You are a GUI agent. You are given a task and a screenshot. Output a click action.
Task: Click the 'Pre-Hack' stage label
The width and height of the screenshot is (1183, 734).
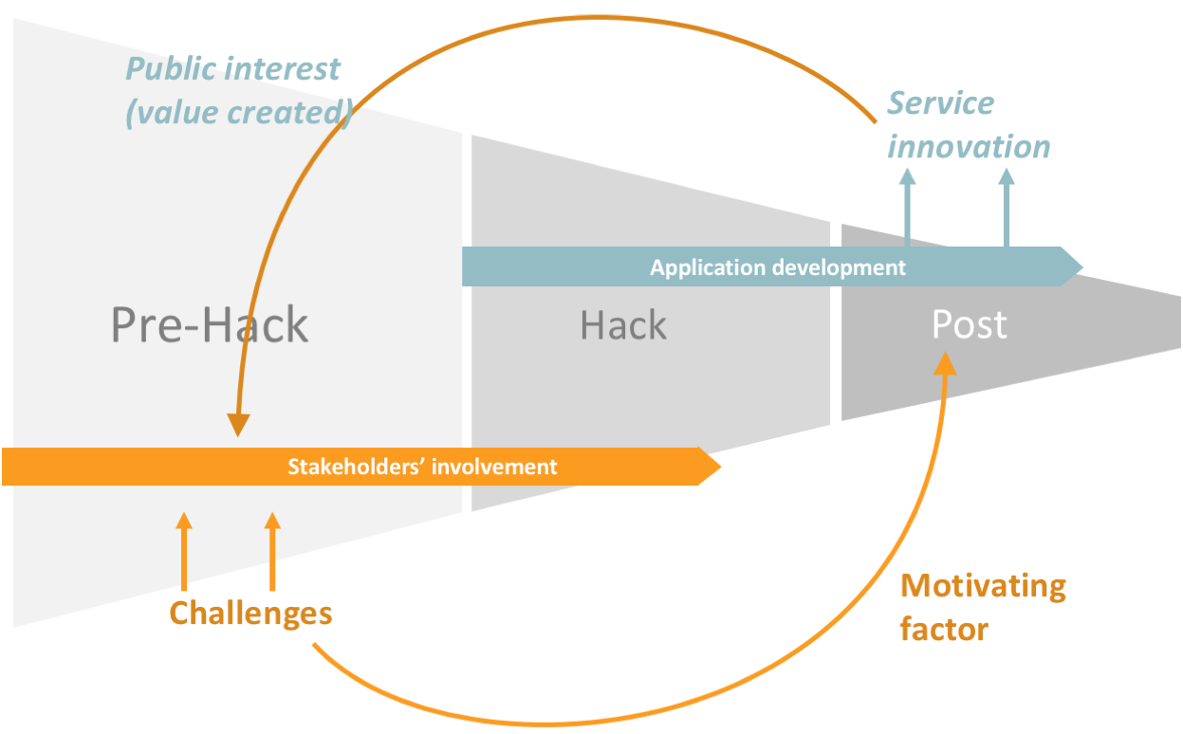click(210, 324)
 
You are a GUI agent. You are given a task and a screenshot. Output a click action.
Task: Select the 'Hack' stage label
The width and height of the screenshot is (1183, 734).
click(623, 324)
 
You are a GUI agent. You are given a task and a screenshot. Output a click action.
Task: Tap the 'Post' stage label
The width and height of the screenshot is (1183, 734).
click(970, 323)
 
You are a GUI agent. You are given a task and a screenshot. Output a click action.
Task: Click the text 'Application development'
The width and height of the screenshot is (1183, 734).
click(777, 267)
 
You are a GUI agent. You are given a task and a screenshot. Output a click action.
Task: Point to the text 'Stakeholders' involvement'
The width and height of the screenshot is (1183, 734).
click(422, 467)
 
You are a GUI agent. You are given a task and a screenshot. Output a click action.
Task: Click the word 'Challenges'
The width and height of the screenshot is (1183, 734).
click(250, 615)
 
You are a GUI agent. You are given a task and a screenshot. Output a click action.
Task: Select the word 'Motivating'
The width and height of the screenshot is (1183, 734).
click(983, 587)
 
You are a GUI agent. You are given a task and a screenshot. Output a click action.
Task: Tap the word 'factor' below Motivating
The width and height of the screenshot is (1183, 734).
click(944, 630)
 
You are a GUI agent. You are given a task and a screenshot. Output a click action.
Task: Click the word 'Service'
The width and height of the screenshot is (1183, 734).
click(940, 102)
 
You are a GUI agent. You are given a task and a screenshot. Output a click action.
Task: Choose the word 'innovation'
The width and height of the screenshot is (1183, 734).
click(969, 146)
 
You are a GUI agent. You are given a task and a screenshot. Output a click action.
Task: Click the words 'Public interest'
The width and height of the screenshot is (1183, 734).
click(233, 68)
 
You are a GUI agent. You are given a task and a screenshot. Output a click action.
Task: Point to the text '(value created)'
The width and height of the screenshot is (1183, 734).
click(239, 113)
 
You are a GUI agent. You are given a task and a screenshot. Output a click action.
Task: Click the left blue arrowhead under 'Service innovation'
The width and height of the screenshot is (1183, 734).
click(907, 176)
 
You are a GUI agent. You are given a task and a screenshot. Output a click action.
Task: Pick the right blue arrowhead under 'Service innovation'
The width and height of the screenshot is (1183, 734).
click(1007, 176)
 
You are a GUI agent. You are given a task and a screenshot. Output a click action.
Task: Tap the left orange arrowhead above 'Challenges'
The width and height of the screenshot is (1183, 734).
click(184, 521)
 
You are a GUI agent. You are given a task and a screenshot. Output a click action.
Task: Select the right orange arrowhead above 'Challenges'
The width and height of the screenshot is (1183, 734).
click(272, 521)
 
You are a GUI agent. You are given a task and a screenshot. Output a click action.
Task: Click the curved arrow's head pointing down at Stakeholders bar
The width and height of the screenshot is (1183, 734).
click(238, 425)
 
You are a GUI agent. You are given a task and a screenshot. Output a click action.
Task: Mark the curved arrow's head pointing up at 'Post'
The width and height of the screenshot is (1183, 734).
click(945, 363)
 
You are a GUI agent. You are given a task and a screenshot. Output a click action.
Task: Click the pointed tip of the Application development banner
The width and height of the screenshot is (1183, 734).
click(1083, 267)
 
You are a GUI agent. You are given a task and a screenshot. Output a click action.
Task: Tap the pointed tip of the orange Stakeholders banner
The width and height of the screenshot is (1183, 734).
click(721, 467)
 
